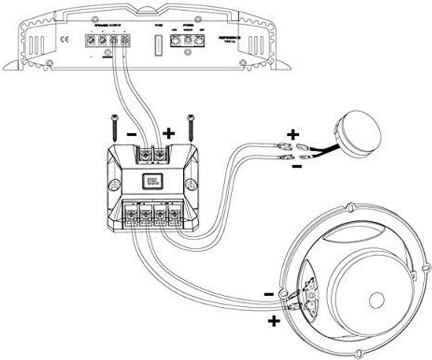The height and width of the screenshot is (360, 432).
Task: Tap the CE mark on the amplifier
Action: (66, 41)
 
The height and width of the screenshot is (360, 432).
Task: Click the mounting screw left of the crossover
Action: (114, 127)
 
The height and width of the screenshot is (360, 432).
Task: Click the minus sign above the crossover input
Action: (131, 135)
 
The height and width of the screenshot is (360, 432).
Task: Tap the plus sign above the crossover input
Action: (168, 134)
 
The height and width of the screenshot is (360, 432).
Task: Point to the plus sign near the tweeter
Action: (292, 135)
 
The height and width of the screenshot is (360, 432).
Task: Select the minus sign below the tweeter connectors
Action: (297, 167)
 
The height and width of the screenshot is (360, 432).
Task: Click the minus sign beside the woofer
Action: (268, 293)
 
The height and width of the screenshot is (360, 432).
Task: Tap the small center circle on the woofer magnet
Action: (376, 300)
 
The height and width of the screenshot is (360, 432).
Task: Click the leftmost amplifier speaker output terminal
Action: (90, 41)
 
